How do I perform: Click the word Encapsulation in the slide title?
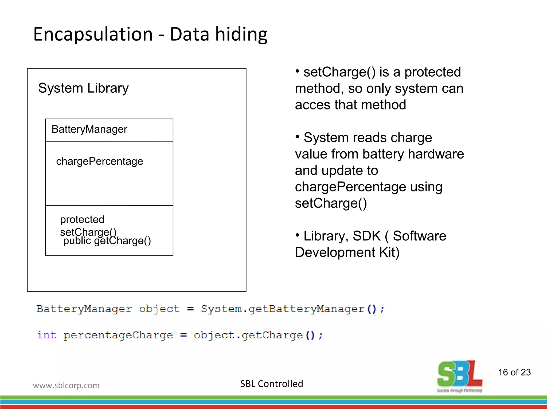(93, 34)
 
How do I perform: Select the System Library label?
(83, 88)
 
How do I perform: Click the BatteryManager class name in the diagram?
(89, 129)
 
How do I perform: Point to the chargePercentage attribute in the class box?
(99, 161)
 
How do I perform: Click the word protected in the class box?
(82, 220)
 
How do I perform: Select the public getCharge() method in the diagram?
(107, 241)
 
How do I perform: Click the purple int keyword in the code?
(47, 335)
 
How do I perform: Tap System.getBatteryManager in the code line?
(283, 309)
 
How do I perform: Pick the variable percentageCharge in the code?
(118, 335)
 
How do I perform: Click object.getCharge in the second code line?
(248, 335)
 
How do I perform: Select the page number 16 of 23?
(514, 372)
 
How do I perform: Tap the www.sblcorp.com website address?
(66, 385)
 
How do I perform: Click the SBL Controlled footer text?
(271, 384)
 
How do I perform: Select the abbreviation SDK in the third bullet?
(366, 236)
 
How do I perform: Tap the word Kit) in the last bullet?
(389, 253)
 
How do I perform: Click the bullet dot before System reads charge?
(297, 137)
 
